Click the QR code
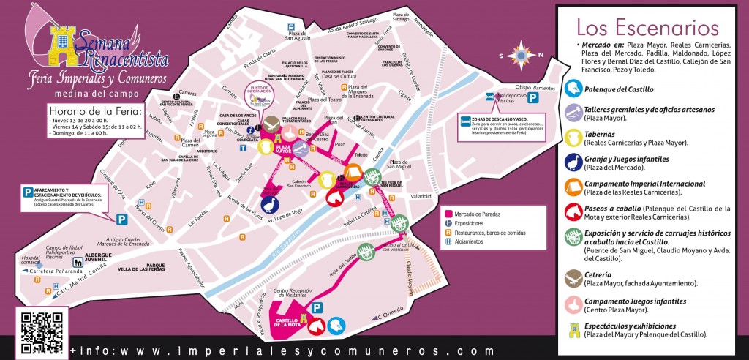tap(42, 332)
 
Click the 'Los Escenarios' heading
tap(647, 28)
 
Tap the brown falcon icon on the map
tap(272, 122)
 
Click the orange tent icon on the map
tap(352, 174)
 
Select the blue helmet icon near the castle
tap(336, 325)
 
